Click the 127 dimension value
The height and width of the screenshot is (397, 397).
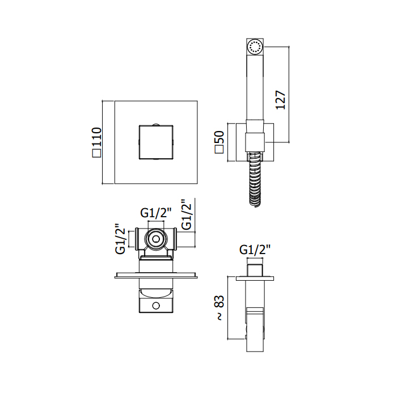pyautogui.click(x=281, y=100)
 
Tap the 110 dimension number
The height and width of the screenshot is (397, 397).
pyautogui.click(x=97, y=137)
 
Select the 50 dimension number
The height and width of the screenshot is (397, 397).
pyautogui.click(x=219, y=138)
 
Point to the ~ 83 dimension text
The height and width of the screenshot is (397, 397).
pyautogui.click(x=220, y=308)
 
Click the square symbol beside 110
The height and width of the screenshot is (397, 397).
pyautogui.click(x=97, y=154)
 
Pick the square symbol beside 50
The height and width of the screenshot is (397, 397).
pyautogui.click(x=219, y=149)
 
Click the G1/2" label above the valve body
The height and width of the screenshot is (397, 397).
pyautogui.click(x=156, y=213)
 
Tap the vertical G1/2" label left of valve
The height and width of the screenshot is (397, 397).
pyautogui.click(x=120, y=239)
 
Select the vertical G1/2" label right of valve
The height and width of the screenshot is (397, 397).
pyautogui.click(x=187, y=214)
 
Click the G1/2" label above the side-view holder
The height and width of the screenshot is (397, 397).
pyautogui.click(x=255, y=250)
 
